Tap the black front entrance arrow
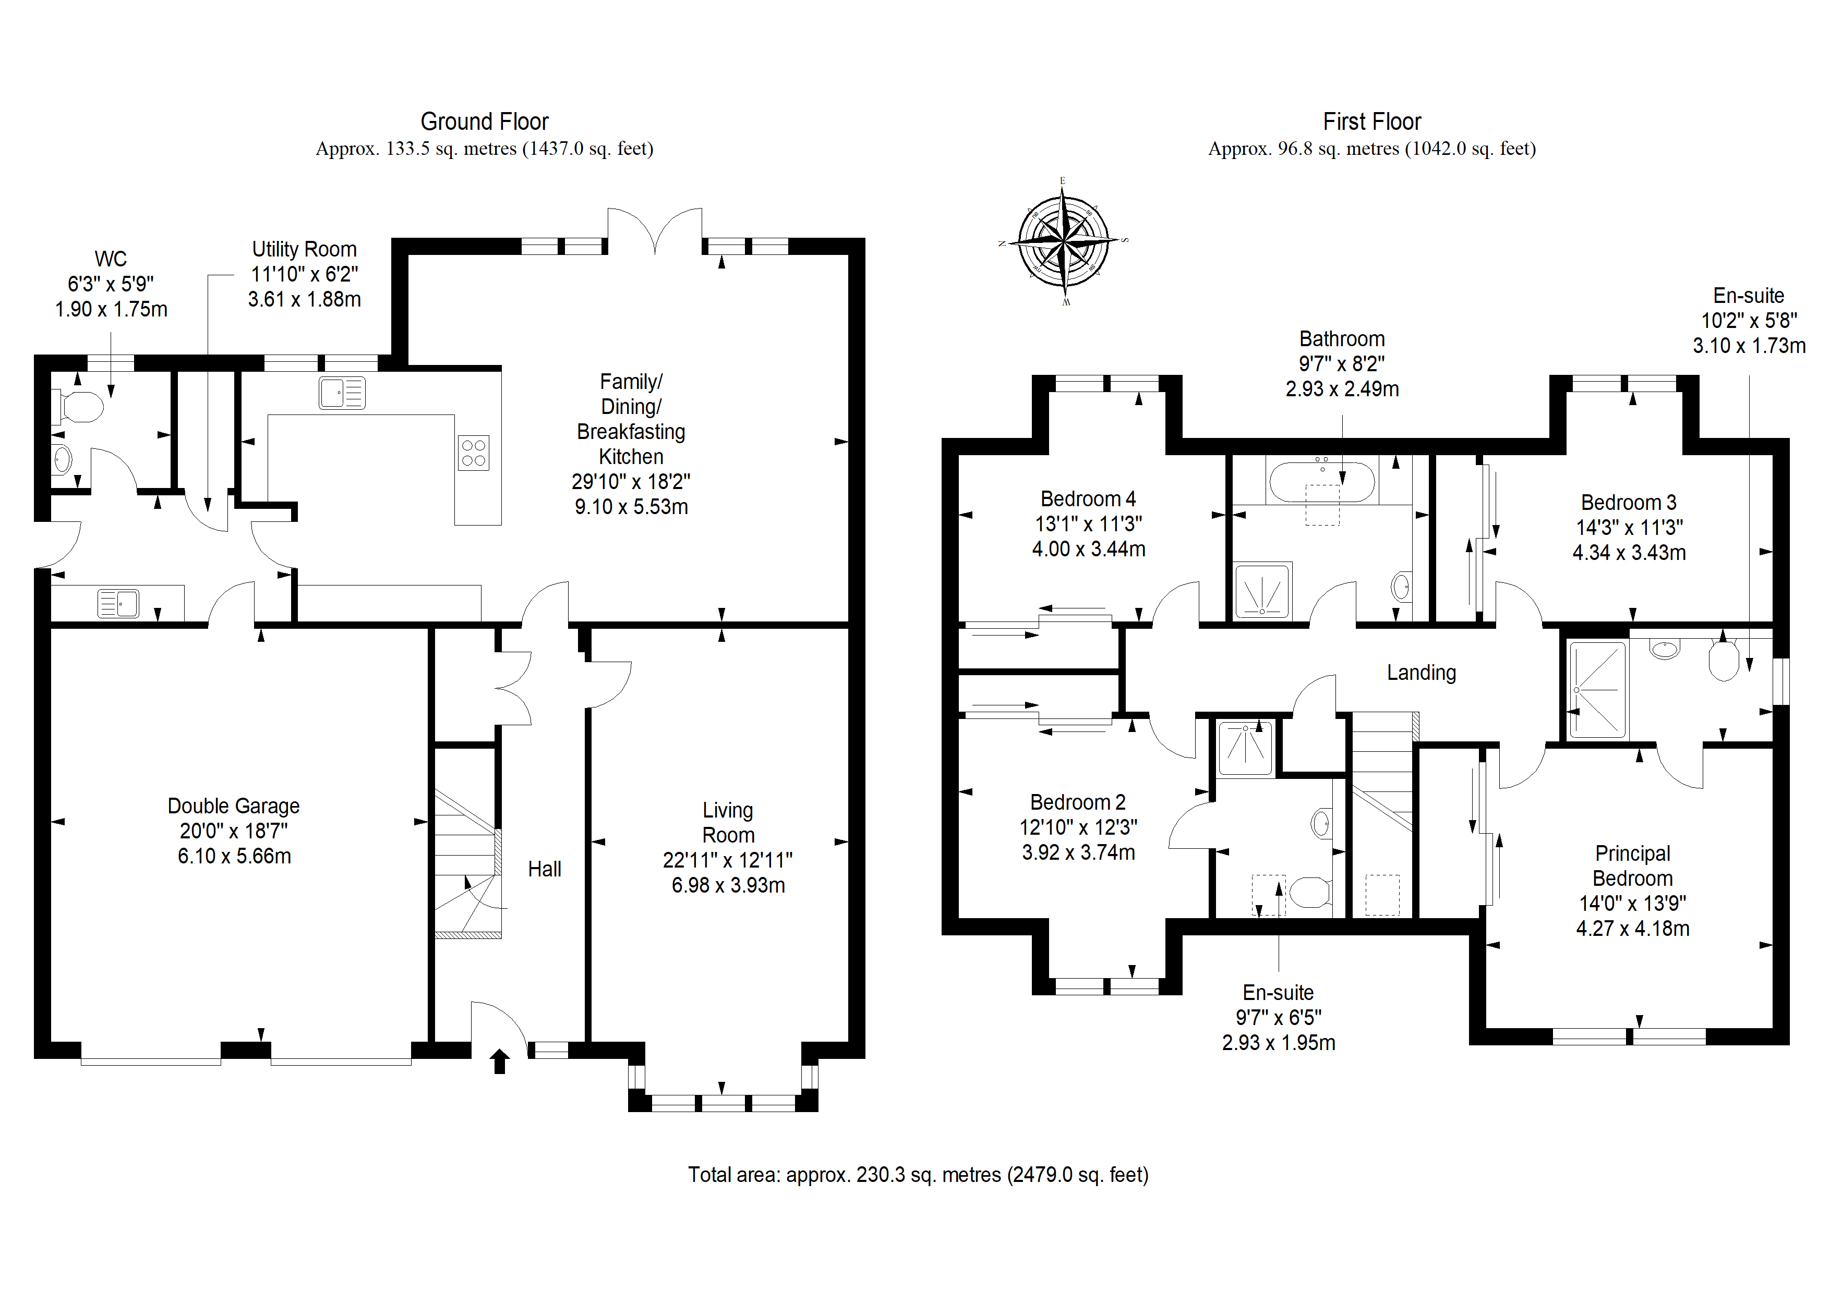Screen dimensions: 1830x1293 point(500,1061)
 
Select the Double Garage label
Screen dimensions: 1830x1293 point(234,806)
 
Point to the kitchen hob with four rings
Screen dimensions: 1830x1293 point(474,453)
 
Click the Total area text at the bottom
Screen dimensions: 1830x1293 point(918,1174)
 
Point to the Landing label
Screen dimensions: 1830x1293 point(1421,673)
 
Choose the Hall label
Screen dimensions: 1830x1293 point(545,869)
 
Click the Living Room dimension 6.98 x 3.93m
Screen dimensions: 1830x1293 point(728,885)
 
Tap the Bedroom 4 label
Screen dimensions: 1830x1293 point(1088,499)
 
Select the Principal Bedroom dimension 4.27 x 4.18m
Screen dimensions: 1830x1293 point(1632,928)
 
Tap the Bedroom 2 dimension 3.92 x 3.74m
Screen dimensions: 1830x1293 point(1078,852)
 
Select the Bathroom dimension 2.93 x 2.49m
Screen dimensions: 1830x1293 point(1342,389)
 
